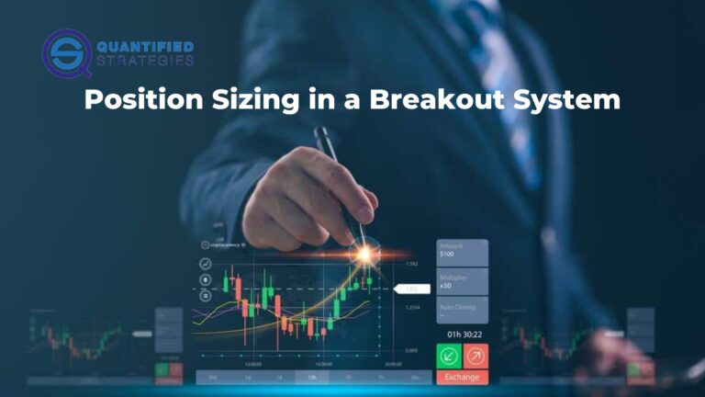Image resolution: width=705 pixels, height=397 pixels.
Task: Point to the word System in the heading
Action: (x=569, y=100)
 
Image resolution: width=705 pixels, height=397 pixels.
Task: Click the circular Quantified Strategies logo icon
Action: (x=65, y=53)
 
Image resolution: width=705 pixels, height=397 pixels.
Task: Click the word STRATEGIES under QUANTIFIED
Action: (x=144, y=62)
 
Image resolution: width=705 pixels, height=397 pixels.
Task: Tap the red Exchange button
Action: (x=463, y=377)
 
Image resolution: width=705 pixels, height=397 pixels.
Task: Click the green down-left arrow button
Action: (x=449, y=355)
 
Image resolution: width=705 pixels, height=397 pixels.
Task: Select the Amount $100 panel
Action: (x=462, y=251)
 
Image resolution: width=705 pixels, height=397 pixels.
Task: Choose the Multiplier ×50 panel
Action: (x=462, y=281)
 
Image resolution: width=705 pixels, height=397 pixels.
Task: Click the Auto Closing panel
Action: (x=462, y=310)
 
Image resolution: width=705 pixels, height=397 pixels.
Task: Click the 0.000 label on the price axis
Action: (x=412, y=350)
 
